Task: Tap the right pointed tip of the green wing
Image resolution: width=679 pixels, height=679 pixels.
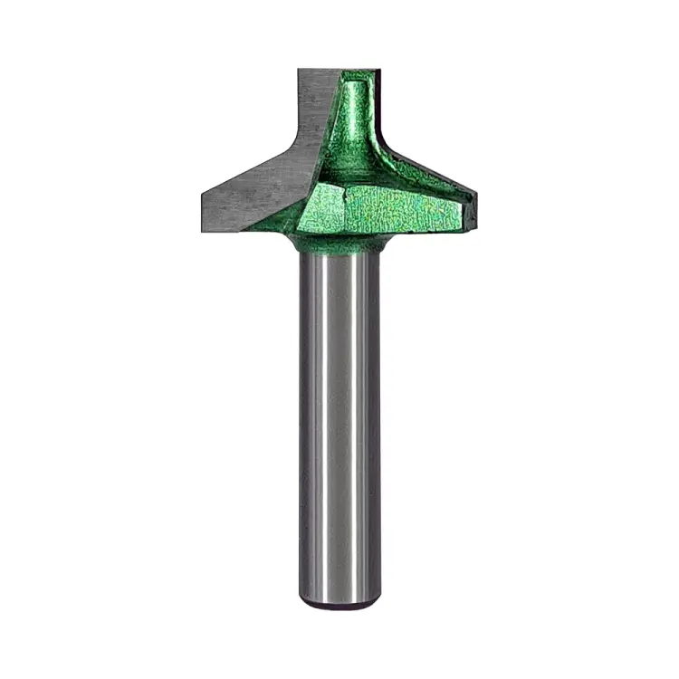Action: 474,191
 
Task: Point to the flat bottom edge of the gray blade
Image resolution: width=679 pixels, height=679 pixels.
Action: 244,226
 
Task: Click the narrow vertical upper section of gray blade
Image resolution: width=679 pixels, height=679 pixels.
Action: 312,100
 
